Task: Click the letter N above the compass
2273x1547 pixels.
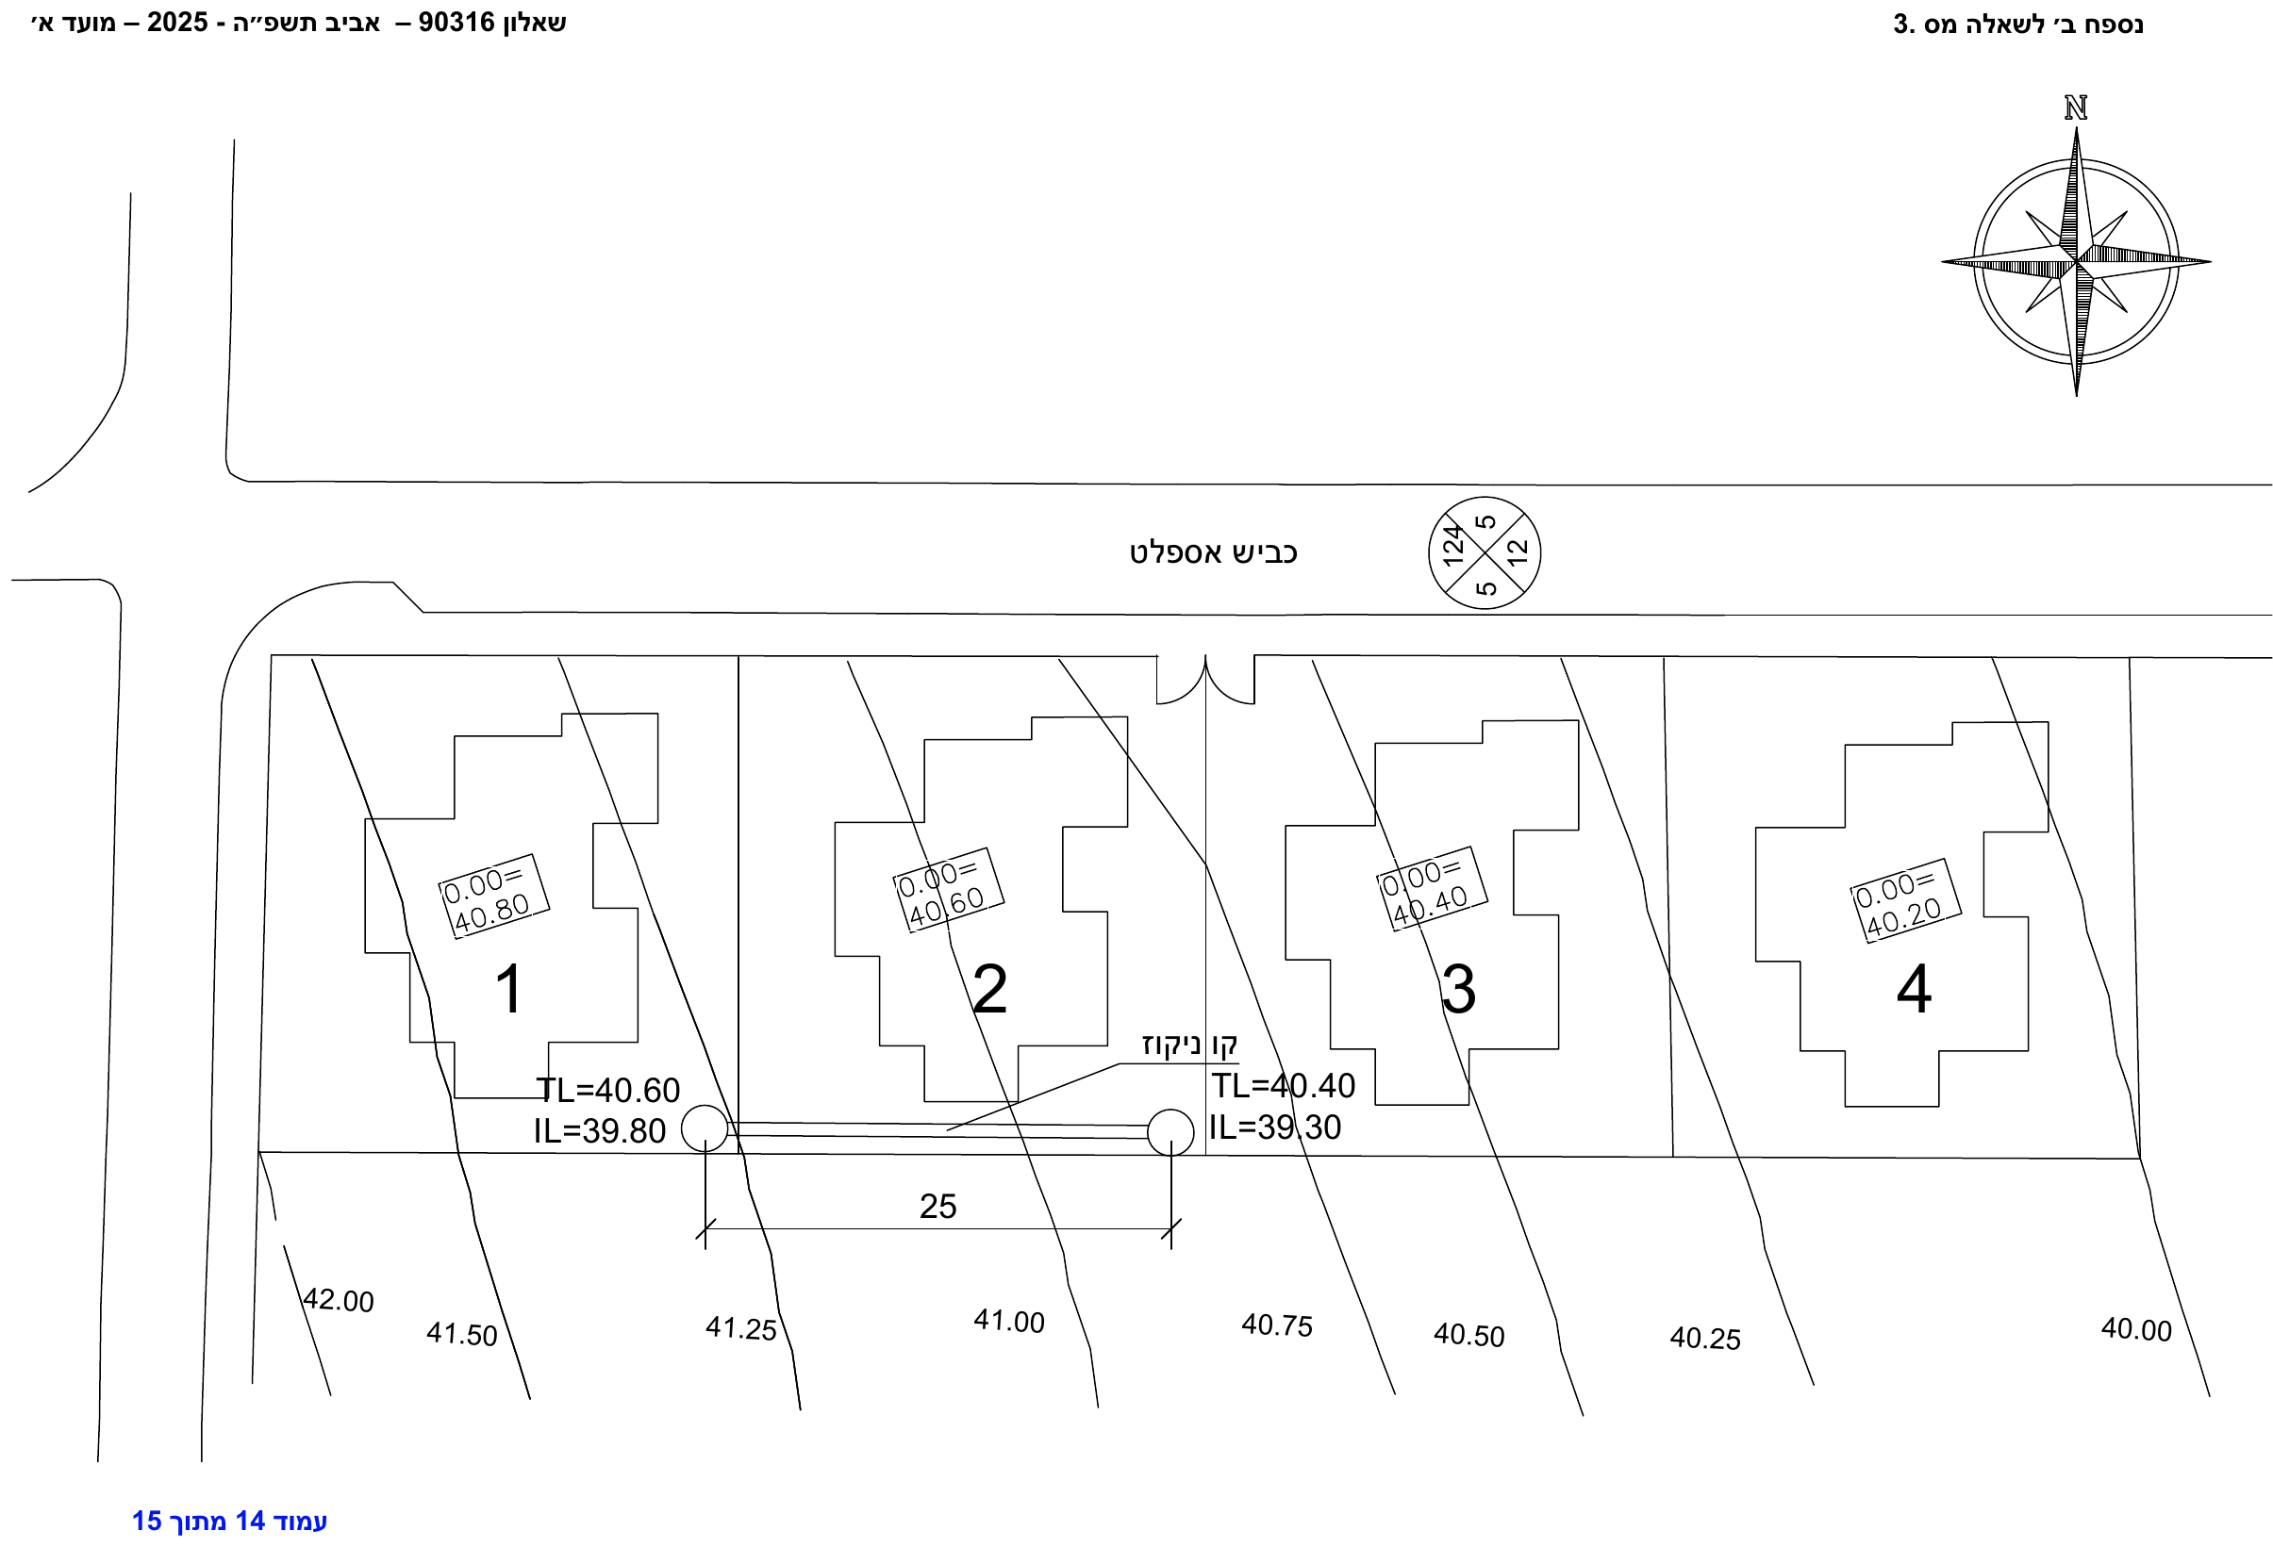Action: pos(2076,107)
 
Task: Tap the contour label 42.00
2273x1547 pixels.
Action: pos(339,1300)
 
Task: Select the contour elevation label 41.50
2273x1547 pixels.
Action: pos(461,1334)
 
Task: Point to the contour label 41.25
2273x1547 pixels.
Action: pos(740,1328)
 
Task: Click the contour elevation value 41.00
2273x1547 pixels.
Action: pos(1008,1321)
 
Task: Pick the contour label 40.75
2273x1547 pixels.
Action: pos(1276,1325)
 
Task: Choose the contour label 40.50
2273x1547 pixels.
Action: pos(1469,1335)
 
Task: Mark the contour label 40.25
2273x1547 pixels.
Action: pos(1705,1338)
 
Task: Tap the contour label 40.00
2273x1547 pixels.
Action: pos(2136,1330)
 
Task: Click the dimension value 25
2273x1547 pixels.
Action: pos(937,1207)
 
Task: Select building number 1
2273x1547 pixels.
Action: pos(509,989)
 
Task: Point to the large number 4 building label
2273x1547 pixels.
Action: pos(1913,989)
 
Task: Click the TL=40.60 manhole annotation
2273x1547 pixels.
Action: pos(607,1090)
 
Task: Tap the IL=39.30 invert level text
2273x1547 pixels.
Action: pos(1275,1127)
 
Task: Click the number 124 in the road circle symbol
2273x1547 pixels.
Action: pos(1452,546)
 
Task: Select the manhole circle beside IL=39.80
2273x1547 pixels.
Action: pos(705,1128)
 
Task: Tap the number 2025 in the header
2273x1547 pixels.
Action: pos(178,23)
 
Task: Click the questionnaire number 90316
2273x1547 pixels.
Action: pos(456,23)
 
